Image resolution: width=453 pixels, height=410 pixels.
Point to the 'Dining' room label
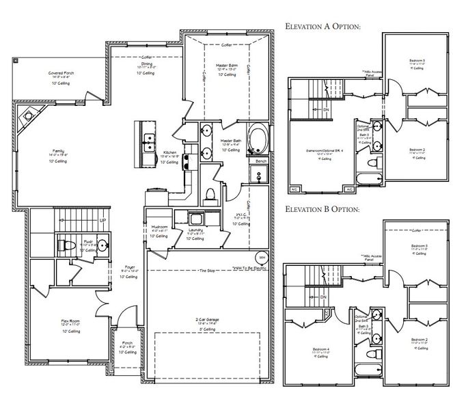[146, 65]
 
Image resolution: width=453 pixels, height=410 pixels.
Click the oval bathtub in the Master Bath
[259, 139]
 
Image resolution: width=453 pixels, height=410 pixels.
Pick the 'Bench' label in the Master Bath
[260, 161]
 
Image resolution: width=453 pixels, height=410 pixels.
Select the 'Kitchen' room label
[171, 153]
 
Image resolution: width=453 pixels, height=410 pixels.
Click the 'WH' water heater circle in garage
[261, 258]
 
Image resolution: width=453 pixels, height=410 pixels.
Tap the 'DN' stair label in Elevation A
[326, 110]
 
